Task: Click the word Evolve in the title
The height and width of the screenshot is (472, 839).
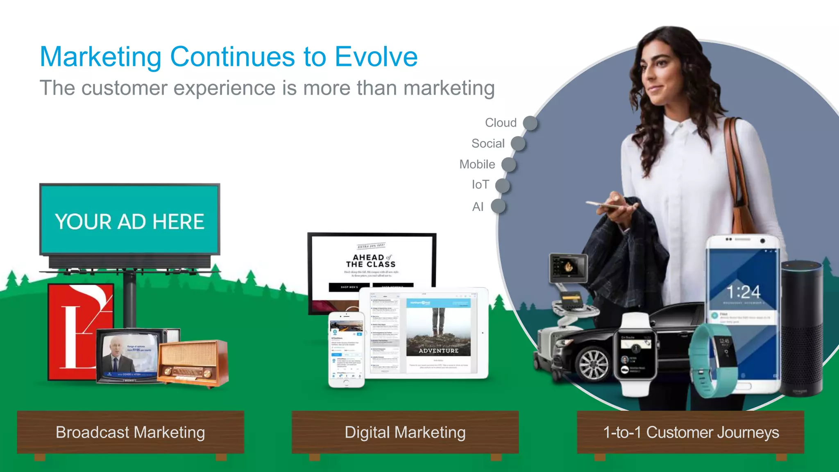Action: point(376,57)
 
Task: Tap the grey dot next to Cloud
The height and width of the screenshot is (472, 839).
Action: point(531,123)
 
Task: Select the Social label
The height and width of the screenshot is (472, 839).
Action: point(488,143)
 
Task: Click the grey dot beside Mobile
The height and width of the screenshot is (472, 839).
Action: point(509,164)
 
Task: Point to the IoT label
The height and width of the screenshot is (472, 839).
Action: point(480,185)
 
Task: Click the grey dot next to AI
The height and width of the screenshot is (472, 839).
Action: point(498,206)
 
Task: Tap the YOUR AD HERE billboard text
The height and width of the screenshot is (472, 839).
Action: point(129,222)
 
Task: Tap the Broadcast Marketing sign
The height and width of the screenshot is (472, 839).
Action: point(130,432)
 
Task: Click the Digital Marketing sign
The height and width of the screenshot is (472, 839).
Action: point(405,432)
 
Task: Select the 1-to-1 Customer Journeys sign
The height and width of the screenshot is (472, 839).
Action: point(691,432)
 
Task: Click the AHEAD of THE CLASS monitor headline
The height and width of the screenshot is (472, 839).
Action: point(371,261)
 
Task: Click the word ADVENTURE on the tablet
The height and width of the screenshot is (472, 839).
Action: point(438,351)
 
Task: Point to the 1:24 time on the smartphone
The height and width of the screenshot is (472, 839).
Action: point(744,292)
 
